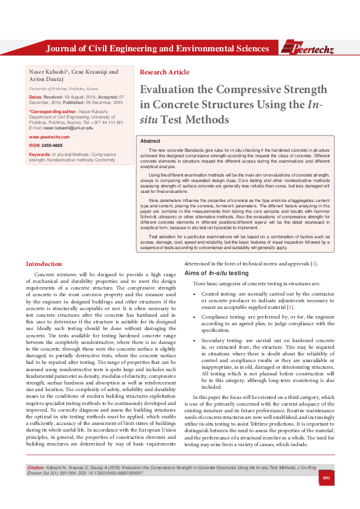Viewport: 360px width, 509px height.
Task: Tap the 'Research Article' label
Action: pos(165,72)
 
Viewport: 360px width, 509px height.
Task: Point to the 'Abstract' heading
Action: pos(150,140)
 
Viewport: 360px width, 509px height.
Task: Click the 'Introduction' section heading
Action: pos(44,264)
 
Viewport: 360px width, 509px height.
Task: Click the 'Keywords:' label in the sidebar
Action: pos(40,155)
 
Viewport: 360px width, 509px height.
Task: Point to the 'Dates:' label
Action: pos(36,97)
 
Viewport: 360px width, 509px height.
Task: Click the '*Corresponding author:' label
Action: pos(53,112)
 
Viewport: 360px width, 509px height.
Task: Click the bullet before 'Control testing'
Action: pos(194,294)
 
